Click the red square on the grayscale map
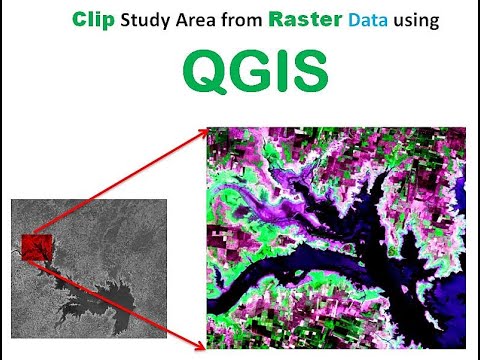click(36, 249)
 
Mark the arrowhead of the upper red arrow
click(203, 131)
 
